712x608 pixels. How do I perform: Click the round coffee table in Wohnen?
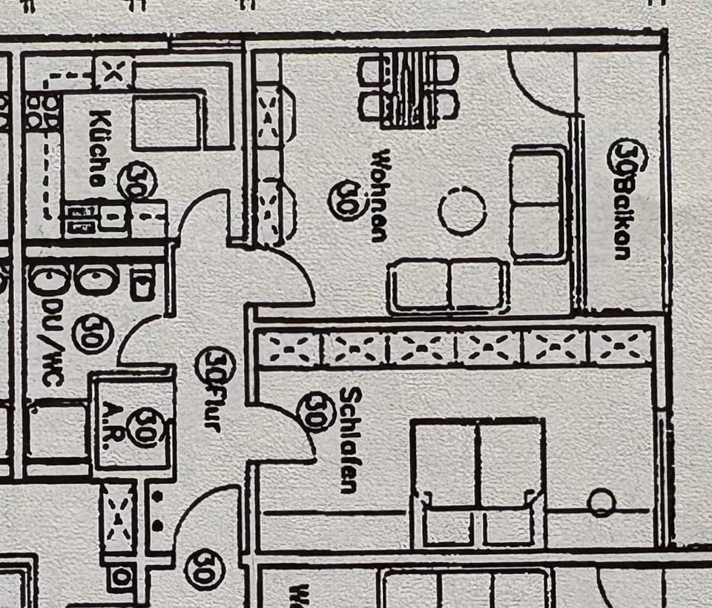tap(462, 211)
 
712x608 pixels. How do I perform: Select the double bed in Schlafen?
tap(479, 482)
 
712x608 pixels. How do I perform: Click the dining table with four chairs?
tap(407, 90)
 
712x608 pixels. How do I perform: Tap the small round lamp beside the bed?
tap(601, 503)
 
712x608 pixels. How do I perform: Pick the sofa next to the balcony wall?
tap(538, 202)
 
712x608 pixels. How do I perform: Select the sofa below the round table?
tap(448, 285)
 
